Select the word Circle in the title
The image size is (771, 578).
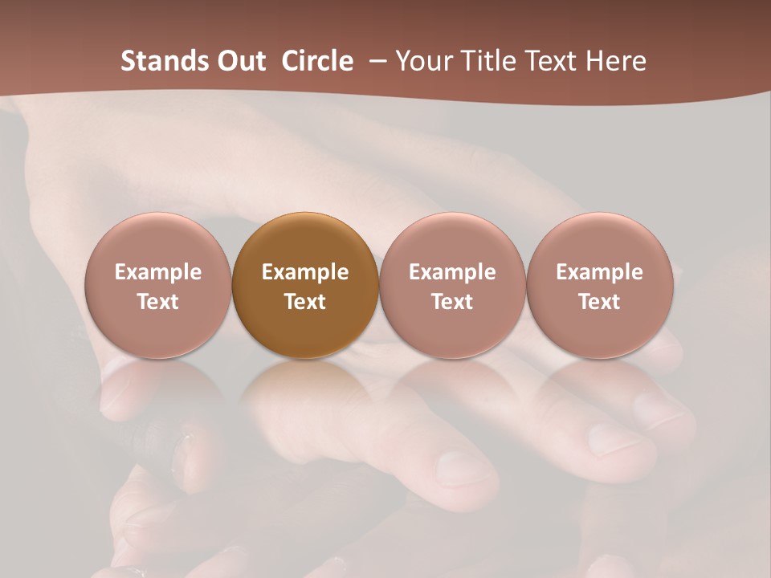[x=317, y=61]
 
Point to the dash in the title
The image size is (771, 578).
[x=374, y=62]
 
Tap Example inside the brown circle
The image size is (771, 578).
[x=305, y=272]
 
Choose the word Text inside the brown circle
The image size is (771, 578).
[x=305, y=302]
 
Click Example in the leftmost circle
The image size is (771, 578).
[x=158, y=272]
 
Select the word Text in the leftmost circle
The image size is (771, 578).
[x=158, y=302]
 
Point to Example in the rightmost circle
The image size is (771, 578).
[x=599, y=272]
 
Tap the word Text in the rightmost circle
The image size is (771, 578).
[x=599, y=302]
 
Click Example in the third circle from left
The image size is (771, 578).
[x=452, y=272]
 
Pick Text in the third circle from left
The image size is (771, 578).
[x=452, y=302]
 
